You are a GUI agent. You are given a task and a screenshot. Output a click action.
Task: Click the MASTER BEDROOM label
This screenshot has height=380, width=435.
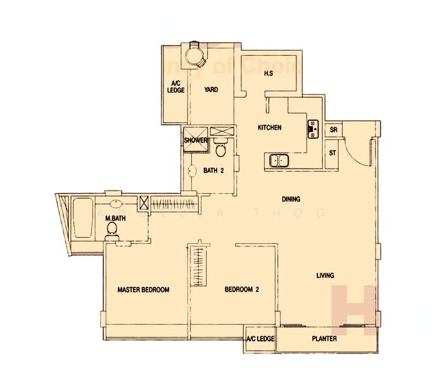(x=144, y=290)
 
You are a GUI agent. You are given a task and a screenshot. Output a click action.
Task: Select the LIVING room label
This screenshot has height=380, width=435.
(x=324, y=275)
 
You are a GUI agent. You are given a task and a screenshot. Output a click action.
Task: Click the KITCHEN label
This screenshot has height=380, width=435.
(x=269, y=128)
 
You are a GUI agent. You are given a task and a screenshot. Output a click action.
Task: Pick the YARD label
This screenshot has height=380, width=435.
(x=211, y=90)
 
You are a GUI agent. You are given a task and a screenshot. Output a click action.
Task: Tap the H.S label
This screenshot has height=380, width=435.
(x=268, y=73)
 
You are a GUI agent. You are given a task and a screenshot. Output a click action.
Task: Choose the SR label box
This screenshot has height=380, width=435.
(x=333, y=130)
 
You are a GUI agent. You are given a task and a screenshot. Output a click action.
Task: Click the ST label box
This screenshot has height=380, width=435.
(x=333, y=153)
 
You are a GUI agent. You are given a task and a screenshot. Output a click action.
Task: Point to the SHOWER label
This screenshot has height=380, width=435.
(x=196, y=141)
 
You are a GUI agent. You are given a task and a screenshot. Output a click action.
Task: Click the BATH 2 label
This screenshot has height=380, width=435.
(x=215, y=170)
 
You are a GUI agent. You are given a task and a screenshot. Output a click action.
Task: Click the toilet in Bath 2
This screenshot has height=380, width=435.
(x=220, y=150)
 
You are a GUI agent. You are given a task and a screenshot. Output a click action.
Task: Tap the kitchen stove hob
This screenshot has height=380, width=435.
(x=312, y=129)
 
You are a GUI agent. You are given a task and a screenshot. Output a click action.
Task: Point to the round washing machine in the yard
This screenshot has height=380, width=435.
(x=194, y=57)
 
